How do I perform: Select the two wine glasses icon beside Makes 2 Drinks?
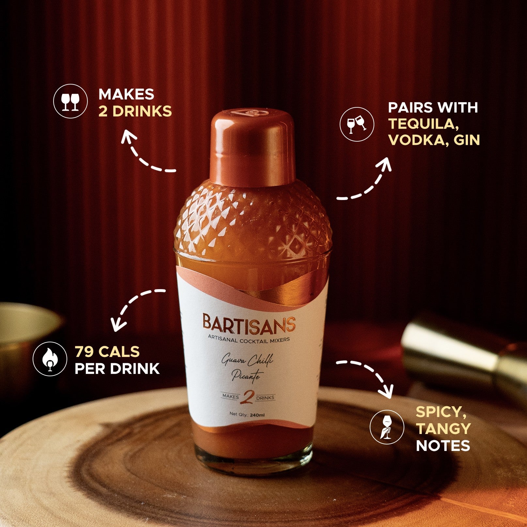tap(70, 101)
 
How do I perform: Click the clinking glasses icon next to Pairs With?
tap(357, 124)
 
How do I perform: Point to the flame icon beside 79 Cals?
tap(50, 359)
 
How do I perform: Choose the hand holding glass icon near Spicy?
tap(387, 426)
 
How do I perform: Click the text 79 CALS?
tap(107, 352)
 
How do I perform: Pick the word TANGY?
tap(443, 428)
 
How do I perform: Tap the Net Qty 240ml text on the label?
tap(247, 414)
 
